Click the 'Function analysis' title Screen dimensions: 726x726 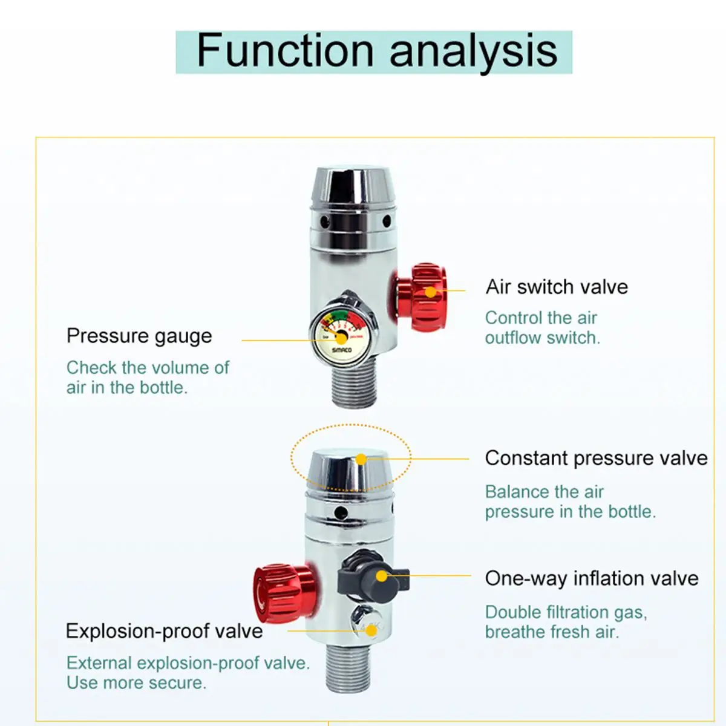[376, 51]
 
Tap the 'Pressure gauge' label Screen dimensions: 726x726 [139, 336]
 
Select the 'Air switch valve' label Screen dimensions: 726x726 [557, 287]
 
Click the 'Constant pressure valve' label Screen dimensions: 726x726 [597, 459]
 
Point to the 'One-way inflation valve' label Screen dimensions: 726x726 [592, 578]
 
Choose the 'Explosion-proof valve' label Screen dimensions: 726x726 [165, 630]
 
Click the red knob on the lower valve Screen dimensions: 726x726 [284, 594]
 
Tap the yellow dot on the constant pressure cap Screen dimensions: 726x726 [361, 459]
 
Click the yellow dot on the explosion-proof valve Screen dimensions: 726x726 [371, 630]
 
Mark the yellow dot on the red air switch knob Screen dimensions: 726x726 [430, 292]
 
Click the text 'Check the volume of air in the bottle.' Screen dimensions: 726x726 [148, 378]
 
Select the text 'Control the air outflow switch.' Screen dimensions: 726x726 [543, 328]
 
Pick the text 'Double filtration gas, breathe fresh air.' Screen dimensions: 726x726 [566, 622]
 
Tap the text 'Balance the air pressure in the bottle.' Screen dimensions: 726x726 [571, 502]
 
